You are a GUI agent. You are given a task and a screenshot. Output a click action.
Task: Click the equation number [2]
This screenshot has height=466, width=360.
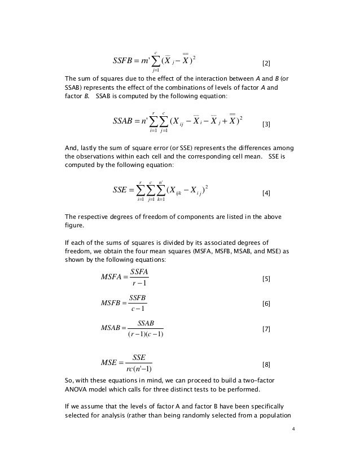pyautogui.click(x=267, y=62)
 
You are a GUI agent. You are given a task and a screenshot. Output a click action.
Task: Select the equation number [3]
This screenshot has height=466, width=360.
pyautogui.click(x=267, y=124)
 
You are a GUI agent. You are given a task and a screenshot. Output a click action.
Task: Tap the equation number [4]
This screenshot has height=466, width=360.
pyautogui.click(x=267, y=194)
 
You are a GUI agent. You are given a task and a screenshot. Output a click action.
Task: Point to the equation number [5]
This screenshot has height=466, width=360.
pyautogui.click(x=267, y=279)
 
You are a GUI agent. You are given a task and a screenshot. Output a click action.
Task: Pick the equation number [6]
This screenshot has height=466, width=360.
pyautogui.click(x=267, y=304)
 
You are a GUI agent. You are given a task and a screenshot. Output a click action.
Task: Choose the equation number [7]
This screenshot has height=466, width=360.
pyautogui.click(x=267, y=329)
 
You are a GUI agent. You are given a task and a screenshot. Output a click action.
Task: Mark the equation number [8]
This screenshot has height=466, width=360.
pyautogui.click(x=267, y=365)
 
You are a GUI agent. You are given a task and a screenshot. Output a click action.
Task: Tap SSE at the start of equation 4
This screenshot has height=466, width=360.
pyautogui.click(x=122, y=190)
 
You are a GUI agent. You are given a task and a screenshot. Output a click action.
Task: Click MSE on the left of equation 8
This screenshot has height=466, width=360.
pyautogui.click(x=109, y=362)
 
